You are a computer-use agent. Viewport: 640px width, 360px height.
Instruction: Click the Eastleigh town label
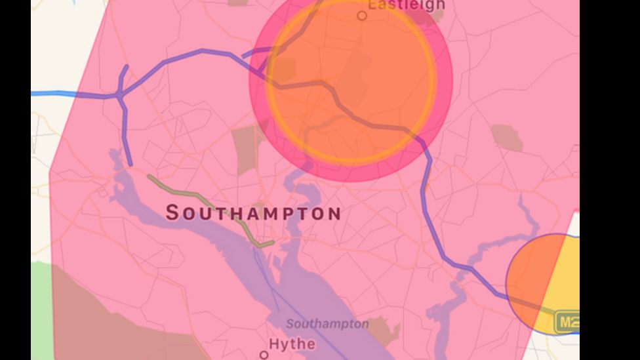tap(407, 5)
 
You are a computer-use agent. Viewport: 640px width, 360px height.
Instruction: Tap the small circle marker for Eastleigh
tap(362, 15)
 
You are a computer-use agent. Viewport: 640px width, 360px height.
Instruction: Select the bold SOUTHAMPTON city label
tap(253, 213)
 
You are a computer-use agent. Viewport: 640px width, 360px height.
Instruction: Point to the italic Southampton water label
tap(327, 324)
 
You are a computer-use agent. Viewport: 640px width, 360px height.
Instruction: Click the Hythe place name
tap(292, 344)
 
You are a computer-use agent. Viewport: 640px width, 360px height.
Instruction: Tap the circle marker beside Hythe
tap(264, 355)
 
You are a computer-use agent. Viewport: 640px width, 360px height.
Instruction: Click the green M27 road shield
tap(567, 322)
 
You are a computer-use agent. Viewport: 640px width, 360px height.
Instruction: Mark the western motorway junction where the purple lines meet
tap(120, 96)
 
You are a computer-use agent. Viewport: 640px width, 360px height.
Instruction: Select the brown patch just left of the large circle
tap(247, 148)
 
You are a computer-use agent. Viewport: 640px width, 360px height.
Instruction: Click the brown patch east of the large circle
tap(506, 137)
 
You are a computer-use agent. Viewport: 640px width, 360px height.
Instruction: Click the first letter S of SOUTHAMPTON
tap(172, 213)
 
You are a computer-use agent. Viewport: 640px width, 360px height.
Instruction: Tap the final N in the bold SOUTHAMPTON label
tap(334, 214)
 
